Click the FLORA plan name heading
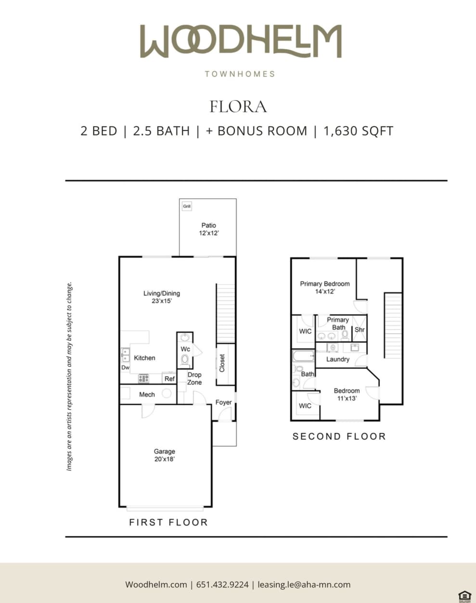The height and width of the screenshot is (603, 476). (238, 106)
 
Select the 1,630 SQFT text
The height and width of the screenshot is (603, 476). (358, 131)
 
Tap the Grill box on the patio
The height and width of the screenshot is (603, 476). (187, 206)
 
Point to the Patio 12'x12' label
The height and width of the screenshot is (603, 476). (208, 229)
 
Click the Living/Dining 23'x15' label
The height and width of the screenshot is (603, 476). (161, 297)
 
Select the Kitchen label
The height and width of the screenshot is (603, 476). (144, 358)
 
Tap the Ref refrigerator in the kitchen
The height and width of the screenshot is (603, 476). (169, 379)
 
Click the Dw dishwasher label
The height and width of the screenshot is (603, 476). (125, 368)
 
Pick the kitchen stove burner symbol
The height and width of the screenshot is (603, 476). (143, 379)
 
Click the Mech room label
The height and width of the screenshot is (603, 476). (147, 395)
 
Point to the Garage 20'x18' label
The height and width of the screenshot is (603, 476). (164, 455)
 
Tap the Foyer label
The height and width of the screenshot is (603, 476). (223, 402)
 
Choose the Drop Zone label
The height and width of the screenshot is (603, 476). (194, 378)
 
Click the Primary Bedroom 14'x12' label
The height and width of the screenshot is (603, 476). (325, 287)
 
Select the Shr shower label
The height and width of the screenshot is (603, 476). (360, 330)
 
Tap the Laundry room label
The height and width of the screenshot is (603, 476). (337, 359)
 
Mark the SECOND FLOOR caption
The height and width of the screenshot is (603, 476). (339, 436)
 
